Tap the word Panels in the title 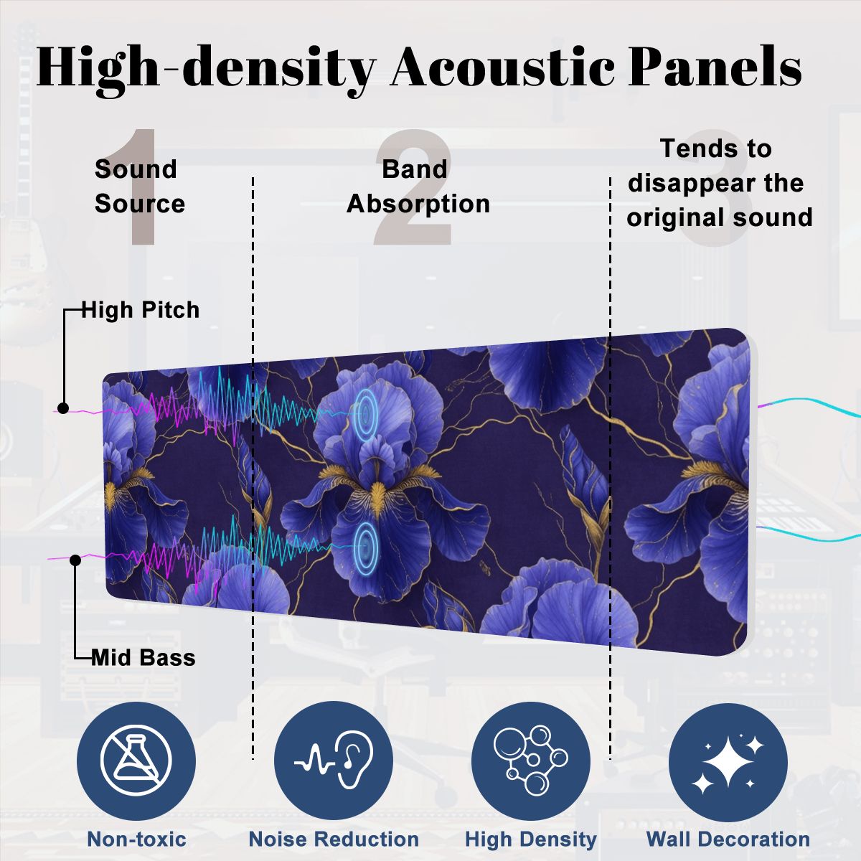tap(715, 67)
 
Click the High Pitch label tap(141, 310)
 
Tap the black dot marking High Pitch tap(63, 408)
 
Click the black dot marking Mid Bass tap(75, 560)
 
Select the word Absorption tap(418, 204)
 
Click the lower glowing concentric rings tap(366, 547)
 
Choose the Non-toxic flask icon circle tap(136, 761)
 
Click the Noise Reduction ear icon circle tap(334, 761)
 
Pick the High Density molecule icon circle tap(531, 761)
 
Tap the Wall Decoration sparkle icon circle tap(728, 761)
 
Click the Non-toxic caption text tap(137, 839)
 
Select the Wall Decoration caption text tap(728, 839)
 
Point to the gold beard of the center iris tap(377, 496)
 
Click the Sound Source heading tap(140, 187)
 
